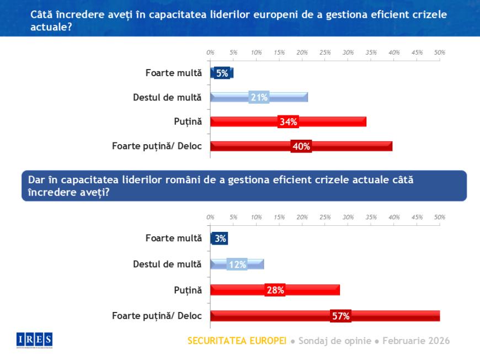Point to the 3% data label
pyautogui.click(x=220, y=239)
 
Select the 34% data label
pyautogui.click(x=288, y=122)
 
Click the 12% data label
pyautogui.click(x=237, y=264)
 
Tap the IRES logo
pyautogui.click(x=34, y=340)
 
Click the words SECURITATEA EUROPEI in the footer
pyautogui.click(x=237, y=341)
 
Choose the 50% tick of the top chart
pyautogui.click(x=440, y=52)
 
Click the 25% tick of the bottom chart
pyautogui.click(x=325, y=217)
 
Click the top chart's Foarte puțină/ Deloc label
pyautogui.click(x=157, y=146)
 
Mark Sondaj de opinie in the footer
pyautogui.click(x=335, y=341)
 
